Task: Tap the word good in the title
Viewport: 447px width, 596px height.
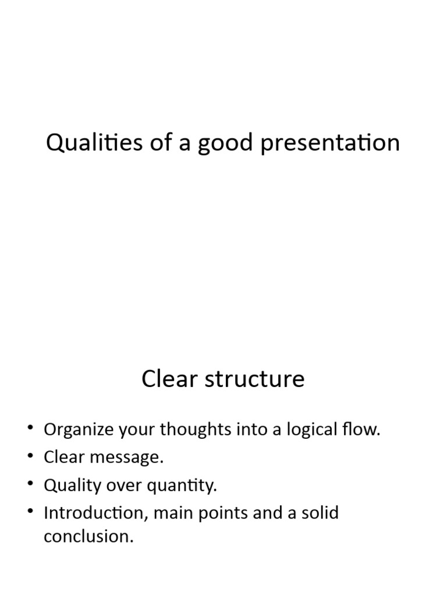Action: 223,143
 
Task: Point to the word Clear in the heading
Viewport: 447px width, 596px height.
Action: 166,379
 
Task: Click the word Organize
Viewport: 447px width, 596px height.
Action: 78,430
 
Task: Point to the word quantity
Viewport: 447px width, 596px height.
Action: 185,486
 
